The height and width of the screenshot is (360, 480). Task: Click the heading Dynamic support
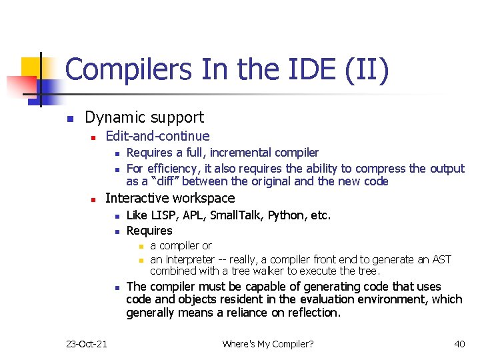144,118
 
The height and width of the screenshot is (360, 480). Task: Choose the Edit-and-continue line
157,137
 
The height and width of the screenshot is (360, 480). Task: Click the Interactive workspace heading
170,198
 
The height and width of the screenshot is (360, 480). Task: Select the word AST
441,259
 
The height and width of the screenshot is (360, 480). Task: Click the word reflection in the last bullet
312,312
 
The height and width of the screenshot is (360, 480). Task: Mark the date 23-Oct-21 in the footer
87,343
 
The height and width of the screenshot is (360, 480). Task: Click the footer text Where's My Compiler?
268,343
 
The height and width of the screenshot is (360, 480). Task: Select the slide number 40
459,343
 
